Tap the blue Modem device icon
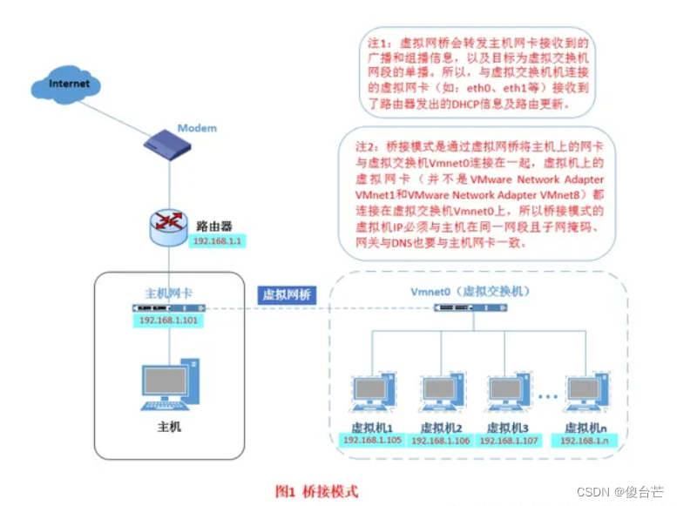pos(169,143)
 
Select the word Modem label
pos(197,128)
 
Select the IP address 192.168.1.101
pos(169,320)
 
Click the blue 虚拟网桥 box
pos(288,294)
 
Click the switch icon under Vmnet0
pos(470,308)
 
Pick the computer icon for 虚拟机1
pos(372,397)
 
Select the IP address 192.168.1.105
pos(372,440)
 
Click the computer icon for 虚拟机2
pos(440,397)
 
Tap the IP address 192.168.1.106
pos(440,440)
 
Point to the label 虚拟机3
pos(508,428)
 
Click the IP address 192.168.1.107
pos(508,440)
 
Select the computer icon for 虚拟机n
pos(585,397)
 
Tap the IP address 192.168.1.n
pos(585,440)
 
